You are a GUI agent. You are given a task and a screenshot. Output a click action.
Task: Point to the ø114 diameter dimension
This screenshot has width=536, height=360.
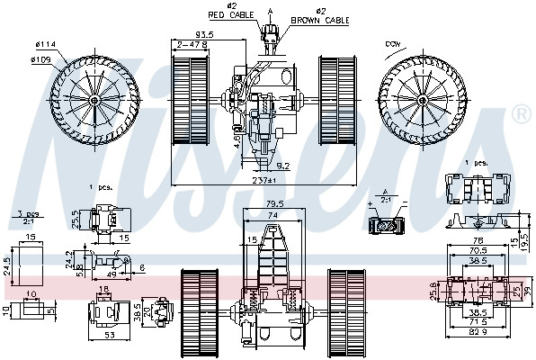(x=45, y=45)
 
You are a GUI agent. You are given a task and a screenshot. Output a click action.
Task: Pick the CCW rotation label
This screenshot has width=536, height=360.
(x=393, y=43)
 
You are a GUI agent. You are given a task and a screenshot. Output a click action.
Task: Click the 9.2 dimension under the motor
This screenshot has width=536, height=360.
(x=281, y=165)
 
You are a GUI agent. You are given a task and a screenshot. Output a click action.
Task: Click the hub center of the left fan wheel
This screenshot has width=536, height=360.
(x=94, y=100)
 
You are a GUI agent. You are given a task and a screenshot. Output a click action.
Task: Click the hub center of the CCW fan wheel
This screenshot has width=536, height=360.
(x=423, y=100)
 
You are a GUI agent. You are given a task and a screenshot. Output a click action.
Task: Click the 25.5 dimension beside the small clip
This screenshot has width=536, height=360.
(x=76, y=217)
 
